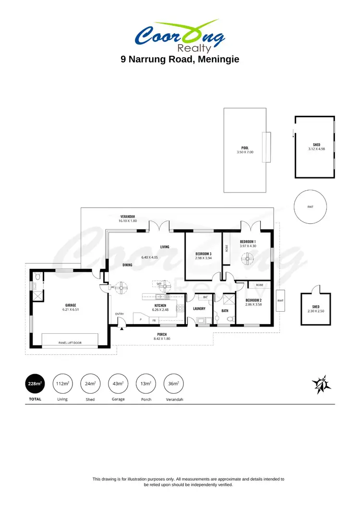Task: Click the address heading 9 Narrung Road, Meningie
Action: pos(180,60)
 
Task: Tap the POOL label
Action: pos(244,148)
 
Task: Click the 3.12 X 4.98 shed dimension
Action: pos(317,149)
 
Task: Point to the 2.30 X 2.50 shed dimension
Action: pos(315,311)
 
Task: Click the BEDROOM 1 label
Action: pos(248,241)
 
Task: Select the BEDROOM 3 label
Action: pos(204,254)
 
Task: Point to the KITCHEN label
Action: pos(160,305)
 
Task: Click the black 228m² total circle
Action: pos(35,384)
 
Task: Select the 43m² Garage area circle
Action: pos(118,384)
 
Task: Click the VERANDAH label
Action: pos(128,217)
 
